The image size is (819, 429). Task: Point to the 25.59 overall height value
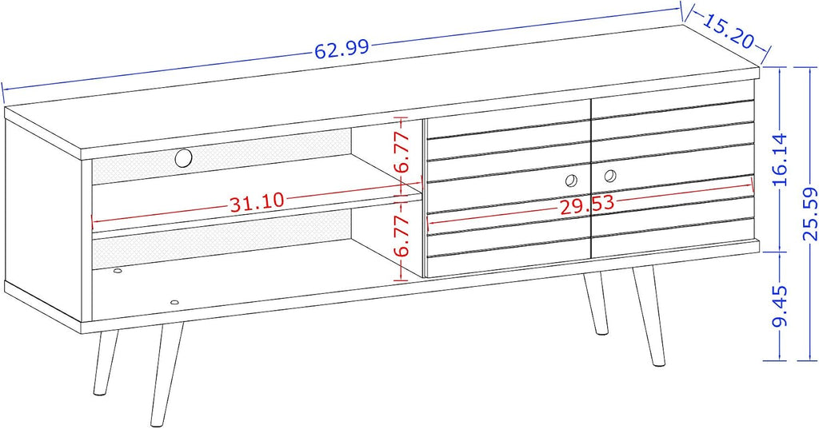(809, 213)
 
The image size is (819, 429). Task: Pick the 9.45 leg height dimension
(780, 306)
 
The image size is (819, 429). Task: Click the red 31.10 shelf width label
(257, 202)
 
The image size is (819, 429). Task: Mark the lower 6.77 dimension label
(402, 236)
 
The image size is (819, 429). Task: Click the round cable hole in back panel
(184, 157)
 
